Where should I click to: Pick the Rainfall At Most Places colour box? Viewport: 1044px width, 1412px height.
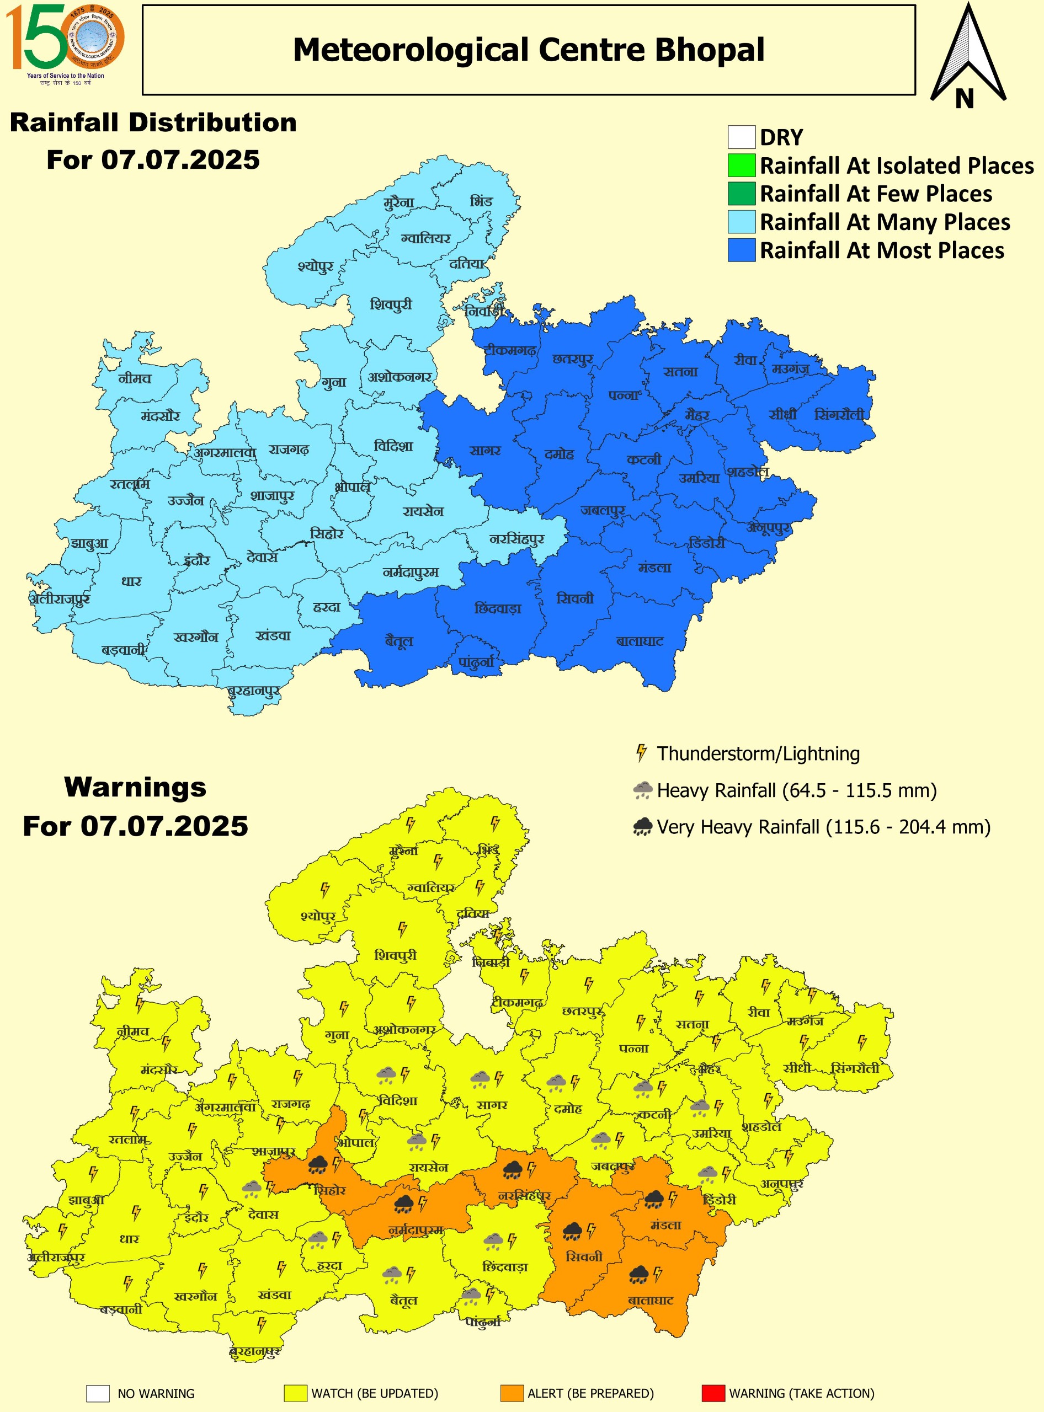[741, 249]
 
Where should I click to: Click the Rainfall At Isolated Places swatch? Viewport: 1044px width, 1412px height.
[741, 165]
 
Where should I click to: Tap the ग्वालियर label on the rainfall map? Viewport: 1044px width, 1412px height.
[425, 239]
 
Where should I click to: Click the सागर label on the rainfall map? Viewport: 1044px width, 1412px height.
[484, 451]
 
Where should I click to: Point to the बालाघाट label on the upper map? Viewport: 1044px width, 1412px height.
[640, 641]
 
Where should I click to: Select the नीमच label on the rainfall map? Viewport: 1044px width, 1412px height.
[135, 378]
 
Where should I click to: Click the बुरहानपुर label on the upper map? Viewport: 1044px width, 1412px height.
[254, 691]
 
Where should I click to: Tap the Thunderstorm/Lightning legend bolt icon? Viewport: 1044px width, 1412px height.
[641, 753]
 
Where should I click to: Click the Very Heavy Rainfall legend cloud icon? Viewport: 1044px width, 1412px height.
[642, 826]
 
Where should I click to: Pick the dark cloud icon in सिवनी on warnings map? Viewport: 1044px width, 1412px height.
[572, 1231]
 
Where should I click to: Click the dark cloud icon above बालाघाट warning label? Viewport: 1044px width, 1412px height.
[639, 1275]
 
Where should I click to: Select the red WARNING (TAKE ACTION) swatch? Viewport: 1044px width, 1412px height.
[713, 1393]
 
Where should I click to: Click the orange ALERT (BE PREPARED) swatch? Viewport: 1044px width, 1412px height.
[512, 1393]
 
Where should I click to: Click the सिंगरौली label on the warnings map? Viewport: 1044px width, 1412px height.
[855, 1068]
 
